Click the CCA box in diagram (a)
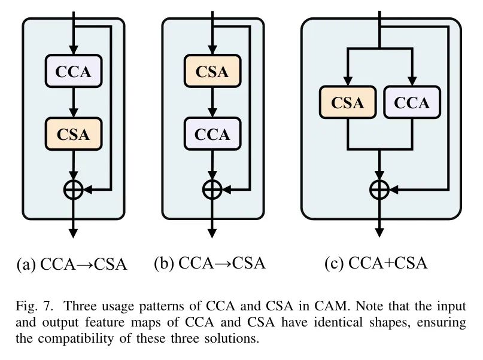(74, 71)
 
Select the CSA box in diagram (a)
(74, 134)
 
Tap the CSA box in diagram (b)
(212, 71)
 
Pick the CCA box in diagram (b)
(212, 134)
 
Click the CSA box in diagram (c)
(348, 102)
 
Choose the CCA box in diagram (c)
(412, 102)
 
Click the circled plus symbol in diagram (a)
(73, 190)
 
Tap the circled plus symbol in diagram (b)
(212, 190)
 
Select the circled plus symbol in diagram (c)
(379, 190)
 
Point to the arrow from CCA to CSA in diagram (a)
(73, 102)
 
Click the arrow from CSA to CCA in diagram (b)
(212, 102)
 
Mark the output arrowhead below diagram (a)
(73, 233)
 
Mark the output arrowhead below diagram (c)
(379, 233)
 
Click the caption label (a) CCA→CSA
(71, 264)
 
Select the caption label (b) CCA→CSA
(209, 263)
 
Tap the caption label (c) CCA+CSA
(376, 263)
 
